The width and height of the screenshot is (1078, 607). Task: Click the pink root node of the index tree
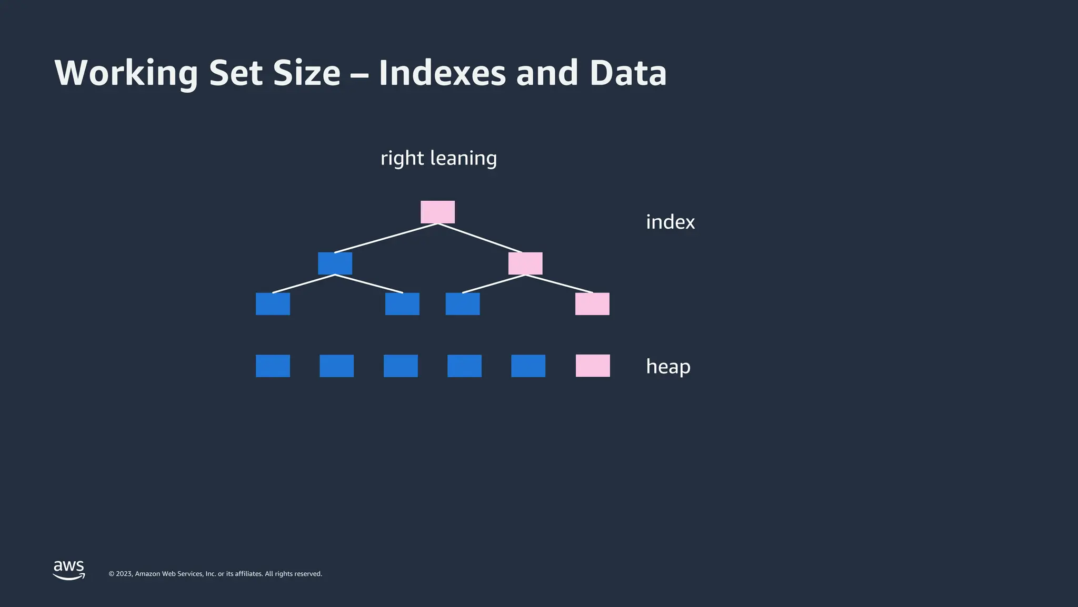[x=437, y=212]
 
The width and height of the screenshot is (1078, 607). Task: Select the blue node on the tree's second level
[x=335, y=263]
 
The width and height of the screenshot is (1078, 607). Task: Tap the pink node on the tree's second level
[x=525, y=263]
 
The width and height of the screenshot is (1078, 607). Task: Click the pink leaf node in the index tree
[x=592, y=304]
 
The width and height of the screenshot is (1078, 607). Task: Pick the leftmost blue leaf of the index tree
[x=273, y=304]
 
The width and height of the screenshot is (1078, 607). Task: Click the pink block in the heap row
[x=593, y=366]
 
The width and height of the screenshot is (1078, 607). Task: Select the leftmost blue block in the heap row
[x=273, y=366]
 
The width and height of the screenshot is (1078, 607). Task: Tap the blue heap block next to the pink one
[x=528, y=366]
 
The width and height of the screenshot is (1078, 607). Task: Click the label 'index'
[x=670, y=222]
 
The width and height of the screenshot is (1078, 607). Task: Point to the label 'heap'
[x=668, y=366]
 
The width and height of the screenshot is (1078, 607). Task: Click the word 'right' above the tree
[x=402, y=158]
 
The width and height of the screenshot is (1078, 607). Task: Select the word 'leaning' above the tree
[x=463, y=158]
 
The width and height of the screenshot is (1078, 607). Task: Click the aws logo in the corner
[x=69, y=570]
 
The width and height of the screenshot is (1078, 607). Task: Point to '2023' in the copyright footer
[x=124, y=574]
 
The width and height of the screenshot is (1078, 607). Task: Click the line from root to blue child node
[x=386, y=238]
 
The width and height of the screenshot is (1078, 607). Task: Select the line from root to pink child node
[x=480, y=238]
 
